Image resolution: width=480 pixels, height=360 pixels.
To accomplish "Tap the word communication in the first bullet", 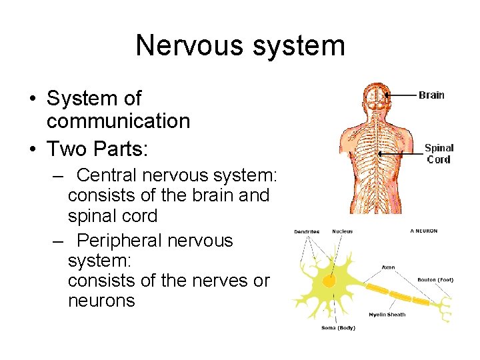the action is [118, 121].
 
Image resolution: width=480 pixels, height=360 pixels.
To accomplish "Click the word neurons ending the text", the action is [101, 301].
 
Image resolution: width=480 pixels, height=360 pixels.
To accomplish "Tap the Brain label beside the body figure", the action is [431, 95].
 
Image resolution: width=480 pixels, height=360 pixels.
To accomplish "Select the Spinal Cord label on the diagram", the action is [439, 153].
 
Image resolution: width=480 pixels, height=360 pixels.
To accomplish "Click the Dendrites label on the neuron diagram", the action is [307, 232].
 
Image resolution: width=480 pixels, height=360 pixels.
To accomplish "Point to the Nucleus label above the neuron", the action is [343, 232].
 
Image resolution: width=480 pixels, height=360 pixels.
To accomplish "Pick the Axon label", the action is [388, 267].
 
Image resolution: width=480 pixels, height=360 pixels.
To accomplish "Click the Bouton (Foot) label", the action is [435, 280].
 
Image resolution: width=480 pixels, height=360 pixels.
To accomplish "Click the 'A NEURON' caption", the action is [424, 231].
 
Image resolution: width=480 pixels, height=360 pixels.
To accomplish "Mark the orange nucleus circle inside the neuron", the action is [329, 281].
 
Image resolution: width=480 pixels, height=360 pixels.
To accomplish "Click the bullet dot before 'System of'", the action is [32, 99].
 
